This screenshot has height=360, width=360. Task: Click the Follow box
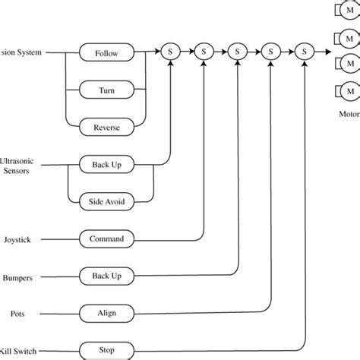coord(107,53)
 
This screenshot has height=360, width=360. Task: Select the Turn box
coord(107,90)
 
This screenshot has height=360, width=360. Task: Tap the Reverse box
coord(107,127)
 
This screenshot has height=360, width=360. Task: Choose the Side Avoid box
coord(106,201)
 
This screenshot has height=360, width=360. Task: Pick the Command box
coord(106,239)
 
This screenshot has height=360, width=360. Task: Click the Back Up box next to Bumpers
coord(106,276)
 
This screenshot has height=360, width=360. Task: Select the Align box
coord(106,312)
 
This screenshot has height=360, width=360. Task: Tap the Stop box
coord(106,351)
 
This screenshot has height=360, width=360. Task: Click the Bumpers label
coord(17,278)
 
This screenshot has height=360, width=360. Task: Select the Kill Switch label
coord(19,351)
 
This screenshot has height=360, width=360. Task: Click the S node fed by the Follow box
coord(169,52)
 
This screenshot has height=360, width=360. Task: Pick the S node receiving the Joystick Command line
coord(204,52)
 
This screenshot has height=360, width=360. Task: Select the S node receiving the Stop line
coord(305,52)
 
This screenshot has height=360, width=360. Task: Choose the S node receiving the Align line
coord(272,52)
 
